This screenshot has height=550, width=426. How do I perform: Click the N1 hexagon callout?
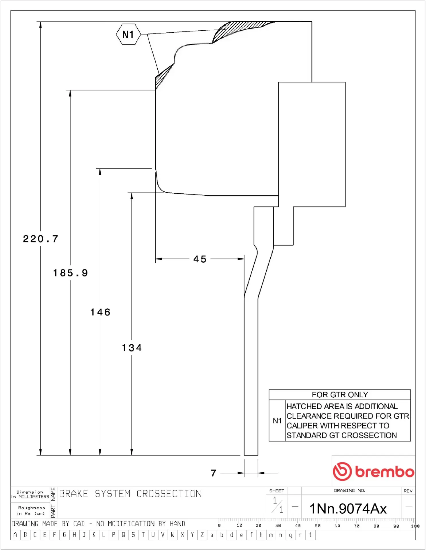128,34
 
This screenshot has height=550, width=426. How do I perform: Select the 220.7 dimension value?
41,239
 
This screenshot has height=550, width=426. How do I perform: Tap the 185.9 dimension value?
71,273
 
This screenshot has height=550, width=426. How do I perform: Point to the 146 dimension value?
100,312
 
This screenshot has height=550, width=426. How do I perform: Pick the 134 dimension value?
132,348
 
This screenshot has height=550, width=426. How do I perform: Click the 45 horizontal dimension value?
200,259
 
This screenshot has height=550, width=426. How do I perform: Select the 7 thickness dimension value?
214,473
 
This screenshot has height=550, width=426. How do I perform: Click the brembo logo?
374,471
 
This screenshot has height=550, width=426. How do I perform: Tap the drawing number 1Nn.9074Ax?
348,509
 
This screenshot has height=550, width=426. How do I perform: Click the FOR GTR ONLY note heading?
340,395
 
